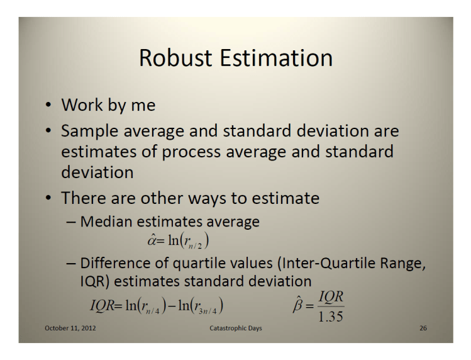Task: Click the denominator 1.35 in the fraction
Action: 330,316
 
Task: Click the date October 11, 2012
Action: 70,329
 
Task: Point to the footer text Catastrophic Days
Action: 236,329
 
